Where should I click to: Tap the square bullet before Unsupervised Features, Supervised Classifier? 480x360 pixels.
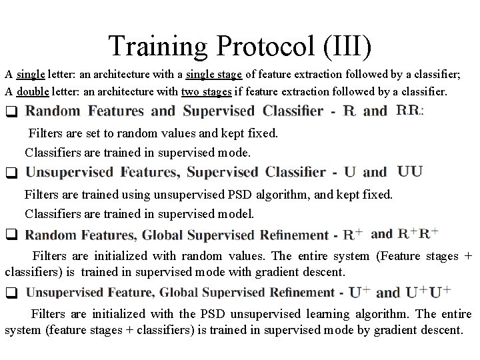(11, 173)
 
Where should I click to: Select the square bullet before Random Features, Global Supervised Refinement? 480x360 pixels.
(11, 235)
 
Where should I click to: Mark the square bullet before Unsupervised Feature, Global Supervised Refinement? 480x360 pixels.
(11, 293)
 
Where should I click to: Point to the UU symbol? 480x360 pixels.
(410, 171)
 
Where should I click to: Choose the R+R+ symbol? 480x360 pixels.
(419, 234)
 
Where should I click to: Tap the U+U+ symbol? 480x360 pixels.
(427, 292)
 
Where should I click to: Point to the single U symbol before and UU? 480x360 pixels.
(349, 172)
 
